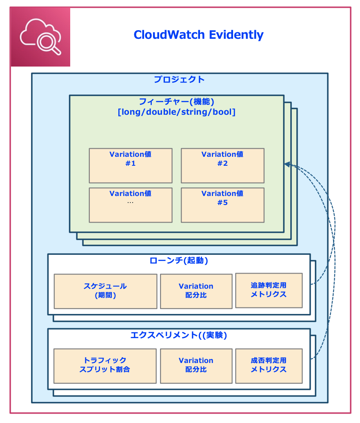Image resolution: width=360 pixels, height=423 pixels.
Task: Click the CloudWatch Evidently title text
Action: point(198,35)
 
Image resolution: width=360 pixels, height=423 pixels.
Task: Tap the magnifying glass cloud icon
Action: point(40,37)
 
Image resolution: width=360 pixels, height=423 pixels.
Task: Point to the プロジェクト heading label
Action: point(179,80)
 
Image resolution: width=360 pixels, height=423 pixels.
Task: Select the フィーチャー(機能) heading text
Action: point(176,102)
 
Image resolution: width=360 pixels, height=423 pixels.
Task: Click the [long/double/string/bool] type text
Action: point(176,111)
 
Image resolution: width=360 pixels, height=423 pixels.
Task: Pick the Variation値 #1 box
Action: point(131,165)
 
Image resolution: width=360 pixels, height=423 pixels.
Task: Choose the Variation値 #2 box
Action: point(222,165)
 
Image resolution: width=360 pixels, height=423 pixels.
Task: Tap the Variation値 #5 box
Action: point(222,205)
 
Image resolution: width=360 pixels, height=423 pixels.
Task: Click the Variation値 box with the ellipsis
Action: point(131,205)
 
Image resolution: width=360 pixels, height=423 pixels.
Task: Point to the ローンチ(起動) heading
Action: point(179,260)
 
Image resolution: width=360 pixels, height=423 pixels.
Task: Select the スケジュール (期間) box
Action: point(105,291)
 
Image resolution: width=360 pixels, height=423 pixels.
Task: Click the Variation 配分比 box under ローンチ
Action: point(196,291)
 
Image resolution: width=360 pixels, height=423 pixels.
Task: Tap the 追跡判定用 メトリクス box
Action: point(269,290)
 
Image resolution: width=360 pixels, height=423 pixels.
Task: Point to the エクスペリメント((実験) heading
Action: point(179,335)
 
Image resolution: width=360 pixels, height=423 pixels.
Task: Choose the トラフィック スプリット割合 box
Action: point(105,366)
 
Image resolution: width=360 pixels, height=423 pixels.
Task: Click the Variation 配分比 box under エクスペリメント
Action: point(196,366)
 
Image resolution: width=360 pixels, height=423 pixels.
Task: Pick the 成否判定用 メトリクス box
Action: point(269,366)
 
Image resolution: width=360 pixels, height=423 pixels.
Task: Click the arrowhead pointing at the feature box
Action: point(287,164)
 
